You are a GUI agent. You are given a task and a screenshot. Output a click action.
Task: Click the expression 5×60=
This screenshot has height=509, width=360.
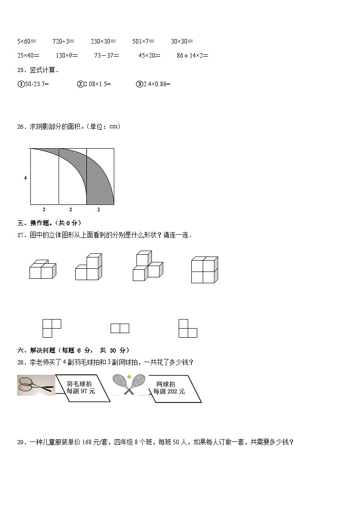coord(27,41)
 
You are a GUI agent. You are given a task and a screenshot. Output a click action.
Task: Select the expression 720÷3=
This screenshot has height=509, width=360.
coord(63,41)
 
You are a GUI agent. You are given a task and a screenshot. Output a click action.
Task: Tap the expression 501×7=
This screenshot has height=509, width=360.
coord(143,41)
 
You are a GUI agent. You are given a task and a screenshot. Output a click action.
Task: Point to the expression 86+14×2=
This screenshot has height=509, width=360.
coord(193,55)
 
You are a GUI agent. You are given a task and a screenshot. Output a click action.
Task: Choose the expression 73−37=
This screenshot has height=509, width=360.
coord(107,55)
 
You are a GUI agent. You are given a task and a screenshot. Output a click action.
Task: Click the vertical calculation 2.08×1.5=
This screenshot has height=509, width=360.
coord(94,84)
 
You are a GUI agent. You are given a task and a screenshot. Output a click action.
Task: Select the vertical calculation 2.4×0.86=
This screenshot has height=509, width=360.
coord(153,84)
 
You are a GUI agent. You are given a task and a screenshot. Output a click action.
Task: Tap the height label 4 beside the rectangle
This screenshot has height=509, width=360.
coord(25,178)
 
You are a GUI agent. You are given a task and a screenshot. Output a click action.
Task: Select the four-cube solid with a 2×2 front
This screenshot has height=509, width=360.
coord(204,270)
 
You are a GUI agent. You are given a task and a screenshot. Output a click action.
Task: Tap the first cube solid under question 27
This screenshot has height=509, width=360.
coord(43,269)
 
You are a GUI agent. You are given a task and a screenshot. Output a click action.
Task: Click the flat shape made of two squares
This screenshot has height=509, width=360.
coord(120,328)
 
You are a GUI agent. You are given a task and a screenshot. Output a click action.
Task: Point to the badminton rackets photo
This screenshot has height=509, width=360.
coord(36,385)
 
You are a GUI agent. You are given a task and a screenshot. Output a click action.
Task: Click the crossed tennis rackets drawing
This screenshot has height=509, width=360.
coord(129,385)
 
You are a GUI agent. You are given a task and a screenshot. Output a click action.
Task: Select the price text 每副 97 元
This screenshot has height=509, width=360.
coord(81,392)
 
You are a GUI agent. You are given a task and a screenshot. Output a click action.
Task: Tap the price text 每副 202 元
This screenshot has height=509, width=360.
coord(169,392)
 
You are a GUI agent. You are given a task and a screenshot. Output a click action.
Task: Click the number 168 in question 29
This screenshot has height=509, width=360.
coord(87,442)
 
